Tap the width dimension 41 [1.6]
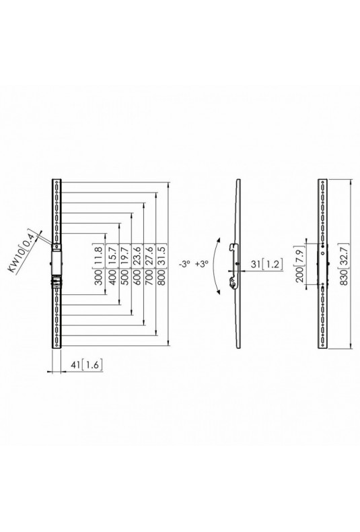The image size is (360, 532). pos(86,365)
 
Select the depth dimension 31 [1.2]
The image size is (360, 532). pos(266,264)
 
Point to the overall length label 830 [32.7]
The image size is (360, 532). pos(343,263)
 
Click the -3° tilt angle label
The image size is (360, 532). pos(186,264)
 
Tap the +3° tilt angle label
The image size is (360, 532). pos(201,264)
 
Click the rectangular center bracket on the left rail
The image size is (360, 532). pos(57,262)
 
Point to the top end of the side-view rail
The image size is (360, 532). pos(238,180)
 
